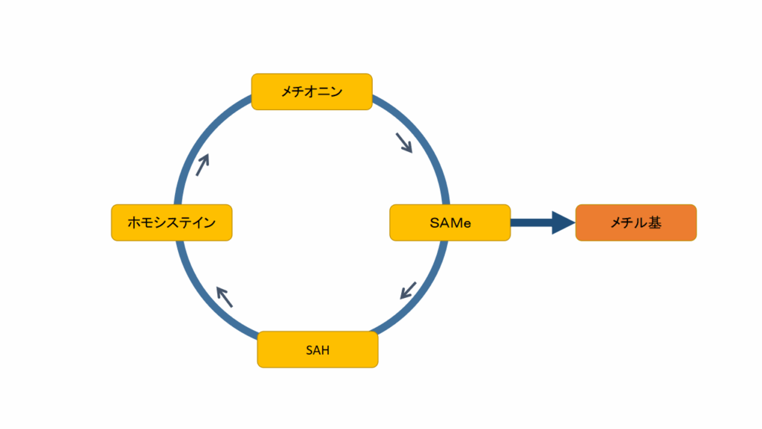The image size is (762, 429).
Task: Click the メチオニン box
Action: tap(312, 92)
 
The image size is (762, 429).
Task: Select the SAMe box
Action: tap(450, 223)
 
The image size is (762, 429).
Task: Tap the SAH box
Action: tap(318, 349)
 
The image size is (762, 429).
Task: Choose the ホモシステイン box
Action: tap(172, 223)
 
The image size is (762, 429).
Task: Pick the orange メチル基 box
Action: tap(636, 223)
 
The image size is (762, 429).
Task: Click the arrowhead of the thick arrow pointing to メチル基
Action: tap(563, 223)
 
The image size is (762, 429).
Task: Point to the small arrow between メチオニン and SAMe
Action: tap(404, 142)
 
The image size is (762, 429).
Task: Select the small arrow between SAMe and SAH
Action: tap(409, 290)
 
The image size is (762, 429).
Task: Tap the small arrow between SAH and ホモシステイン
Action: tap(224, 296)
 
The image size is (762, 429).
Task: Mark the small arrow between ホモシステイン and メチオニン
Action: tap(202, 164)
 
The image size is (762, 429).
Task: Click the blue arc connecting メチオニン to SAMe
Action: tap(424, 142)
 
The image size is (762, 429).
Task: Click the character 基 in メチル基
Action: tap(655, 223)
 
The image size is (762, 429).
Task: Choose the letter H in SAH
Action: tap(324, 350)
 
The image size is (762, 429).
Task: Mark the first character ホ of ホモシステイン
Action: tap(135, 223)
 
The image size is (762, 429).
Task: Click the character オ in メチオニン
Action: tap(312, 92)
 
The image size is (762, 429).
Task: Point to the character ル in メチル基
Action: tap(641, 223)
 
